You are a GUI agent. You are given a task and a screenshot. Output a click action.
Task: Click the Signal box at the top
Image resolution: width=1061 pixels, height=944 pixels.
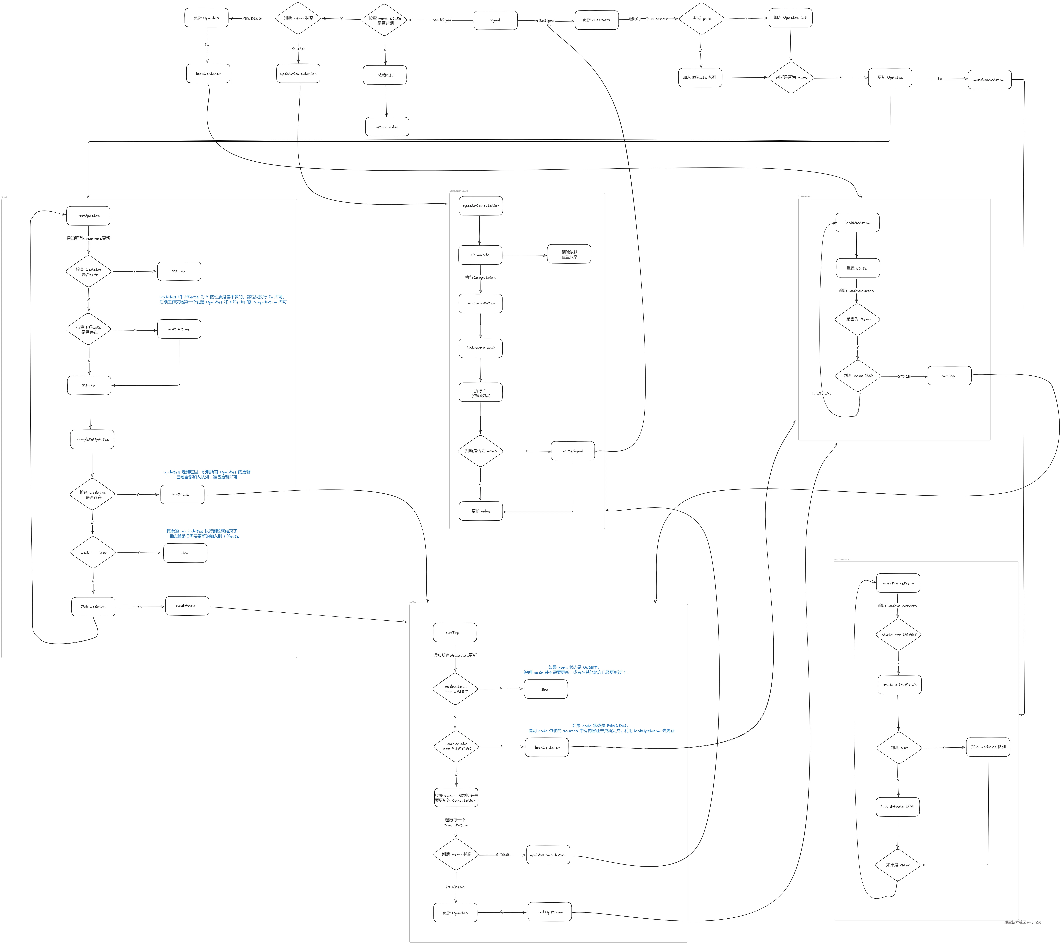click(x=495, y=20)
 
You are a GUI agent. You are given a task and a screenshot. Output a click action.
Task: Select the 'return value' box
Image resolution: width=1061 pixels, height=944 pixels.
click(x=387, y=127)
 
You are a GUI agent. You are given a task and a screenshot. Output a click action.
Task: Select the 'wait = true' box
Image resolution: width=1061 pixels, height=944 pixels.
click(x=179, y=329)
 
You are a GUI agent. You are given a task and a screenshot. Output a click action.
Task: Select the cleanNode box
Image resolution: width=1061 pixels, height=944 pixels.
click(x=480, y=255)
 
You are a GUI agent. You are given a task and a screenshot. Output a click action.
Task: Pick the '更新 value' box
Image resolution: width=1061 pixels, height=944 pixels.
click(x=481, y=511)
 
